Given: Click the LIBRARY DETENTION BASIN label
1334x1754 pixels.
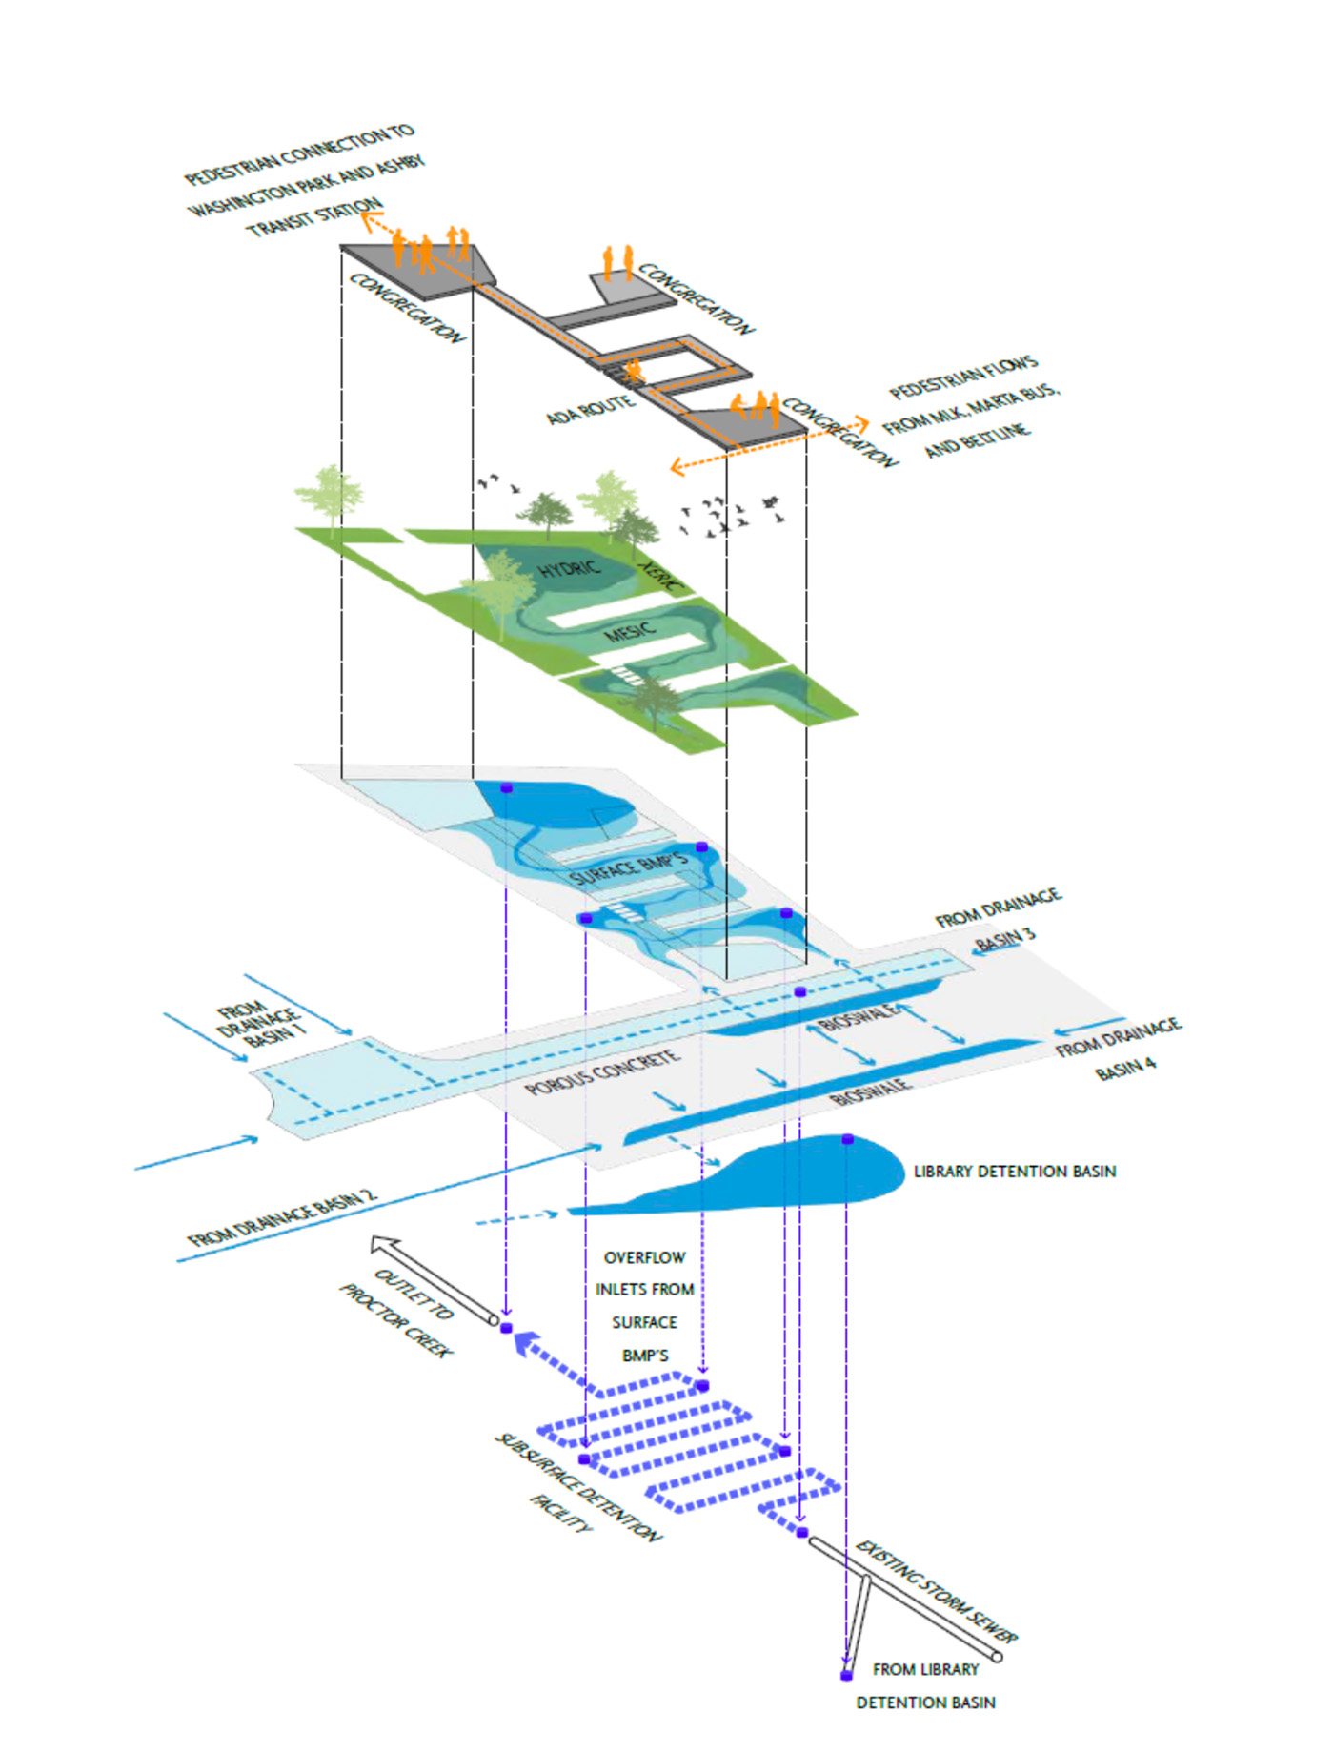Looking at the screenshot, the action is pyautogui.click(x=1014, y=1171).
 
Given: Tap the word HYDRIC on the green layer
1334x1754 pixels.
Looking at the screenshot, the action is pyautogui.click(x=569, y=569).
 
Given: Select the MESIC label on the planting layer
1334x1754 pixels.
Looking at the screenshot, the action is pyautogui.click(x=630, y=632).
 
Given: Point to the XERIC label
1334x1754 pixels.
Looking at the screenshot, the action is pyautogui.click(x=658, y=577).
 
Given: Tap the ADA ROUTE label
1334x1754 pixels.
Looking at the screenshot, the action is pyautogui.click(x=589, y=410).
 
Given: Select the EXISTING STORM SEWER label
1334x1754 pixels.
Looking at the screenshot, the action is pyautogui.click(x=936, y=1591).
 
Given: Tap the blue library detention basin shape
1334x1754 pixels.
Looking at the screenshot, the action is pyautogui.click(x=762, y=1176).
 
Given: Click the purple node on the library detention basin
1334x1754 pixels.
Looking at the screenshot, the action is pyautogui.click(x=847, y=1139).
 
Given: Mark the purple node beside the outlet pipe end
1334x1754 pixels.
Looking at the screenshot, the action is pyautogui.click(x=506, y=1328).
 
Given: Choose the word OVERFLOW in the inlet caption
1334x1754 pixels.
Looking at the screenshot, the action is pyautogui.click(x=644, y=1257).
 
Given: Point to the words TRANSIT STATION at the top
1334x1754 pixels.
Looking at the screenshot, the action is pyautogui.click(x=314, y=218).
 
